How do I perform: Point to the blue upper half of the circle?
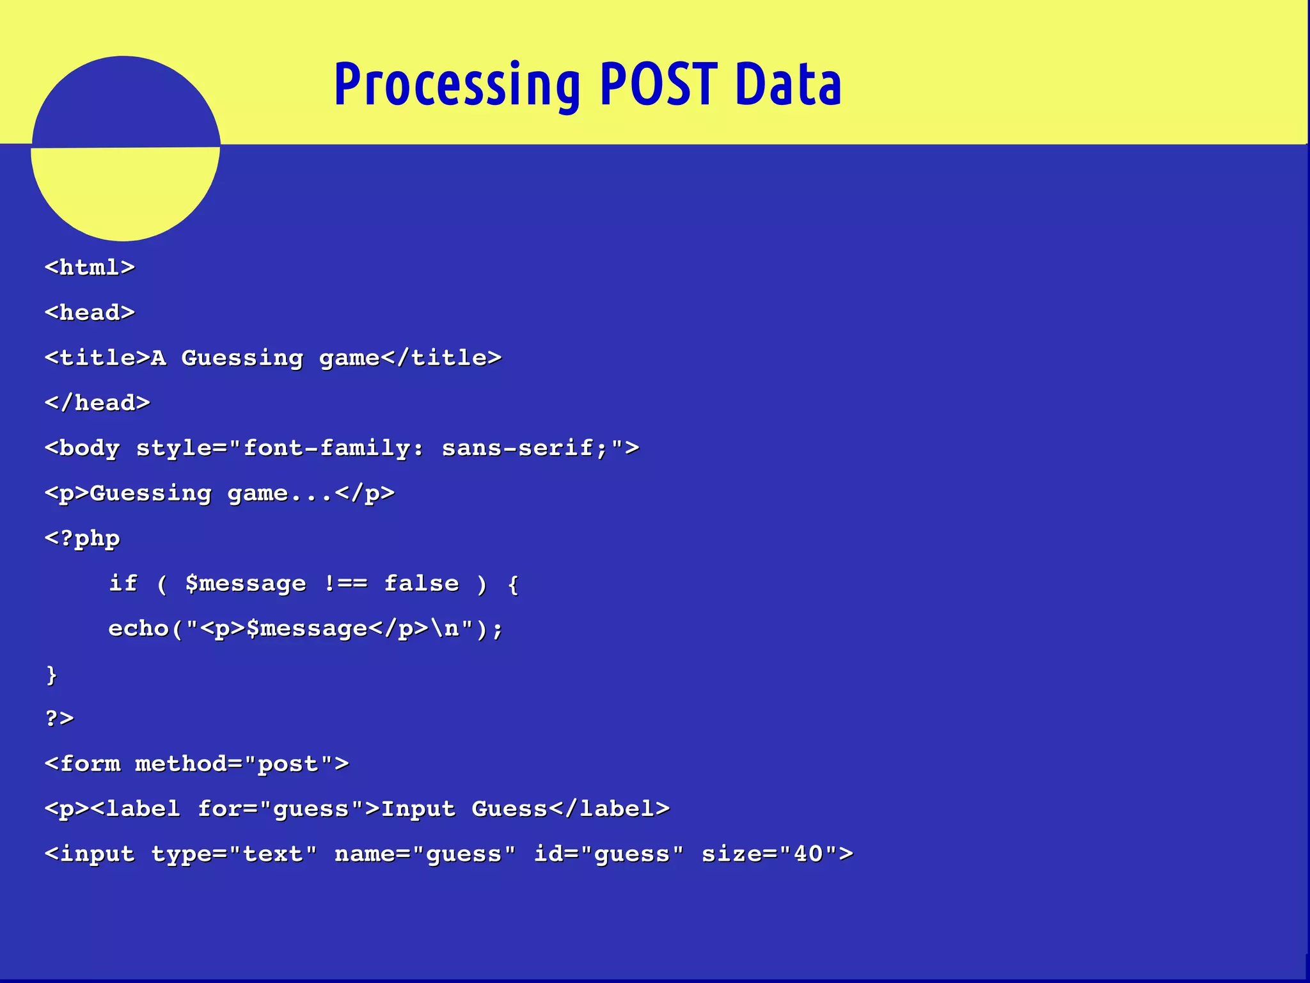pos(125,102)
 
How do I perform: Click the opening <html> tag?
pos(90,267)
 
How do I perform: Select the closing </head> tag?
pos(97,403)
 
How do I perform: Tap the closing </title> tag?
pos(441,357)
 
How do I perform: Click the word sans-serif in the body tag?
pos(517,447)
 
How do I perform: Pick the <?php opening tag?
pos(82,538)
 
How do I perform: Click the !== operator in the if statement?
pos(345,583)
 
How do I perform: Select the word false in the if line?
pos(421,583)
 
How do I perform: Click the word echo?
pos(138,628)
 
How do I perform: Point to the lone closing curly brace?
pos(51,675)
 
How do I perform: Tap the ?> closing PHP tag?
pos(59,718)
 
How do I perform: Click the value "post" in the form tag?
pos(288,763)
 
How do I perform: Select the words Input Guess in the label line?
pos(464,809)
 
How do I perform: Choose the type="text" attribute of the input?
pos(233,854)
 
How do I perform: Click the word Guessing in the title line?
pos(242,357)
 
